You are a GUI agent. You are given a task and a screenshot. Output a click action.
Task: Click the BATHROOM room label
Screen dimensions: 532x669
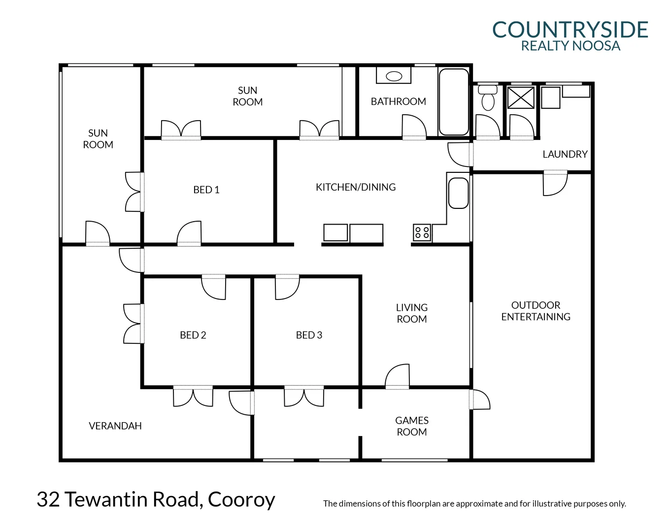tap(398, 101)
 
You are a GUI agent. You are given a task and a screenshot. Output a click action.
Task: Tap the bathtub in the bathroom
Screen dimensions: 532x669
tap(453, 102)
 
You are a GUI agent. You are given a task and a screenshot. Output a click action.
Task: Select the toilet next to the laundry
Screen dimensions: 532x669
tap(488, 98)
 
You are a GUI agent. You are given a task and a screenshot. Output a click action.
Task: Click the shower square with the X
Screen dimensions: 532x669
tap(521, 97)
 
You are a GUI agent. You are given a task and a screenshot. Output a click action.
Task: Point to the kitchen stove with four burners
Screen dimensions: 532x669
tap(422, 233)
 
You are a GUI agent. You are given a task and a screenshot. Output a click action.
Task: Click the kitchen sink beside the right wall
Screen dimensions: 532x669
tap(458, 193)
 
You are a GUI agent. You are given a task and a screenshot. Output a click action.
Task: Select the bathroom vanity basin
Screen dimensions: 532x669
tap(394, 76)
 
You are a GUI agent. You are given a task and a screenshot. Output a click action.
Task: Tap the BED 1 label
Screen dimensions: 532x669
tap(206, 190)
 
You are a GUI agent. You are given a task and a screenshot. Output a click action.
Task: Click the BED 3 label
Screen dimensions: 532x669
tap(309, 335)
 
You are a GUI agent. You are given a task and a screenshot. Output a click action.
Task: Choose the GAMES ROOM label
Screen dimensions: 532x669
tap(411, 426)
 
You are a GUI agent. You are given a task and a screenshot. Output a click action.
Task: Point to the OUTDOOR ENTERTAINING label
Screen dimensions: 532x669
tap(535, 311)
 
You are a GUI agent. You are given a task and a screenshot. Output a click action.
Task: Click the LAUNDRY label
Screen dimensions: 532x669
tap(565, 154)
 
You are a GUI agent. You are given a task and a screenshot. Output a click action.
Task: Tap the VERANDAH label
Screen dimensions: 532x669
tap(115, 426)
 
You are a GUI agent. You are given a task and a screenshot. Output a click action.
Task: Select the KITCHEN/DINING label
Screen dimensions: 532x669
tap(355, 187)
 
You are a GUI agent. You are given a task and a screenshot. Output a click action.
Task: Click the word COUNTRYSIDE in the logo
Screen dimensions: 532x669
tap(570, 30)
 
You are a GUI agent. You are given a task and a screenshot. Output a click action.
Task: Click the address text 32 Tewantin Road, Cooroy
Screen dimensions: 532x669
tap(156, 499)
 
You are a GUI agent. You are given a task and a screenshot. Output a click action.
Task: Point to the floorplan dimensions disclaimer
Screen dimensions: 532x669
tap(474, 503)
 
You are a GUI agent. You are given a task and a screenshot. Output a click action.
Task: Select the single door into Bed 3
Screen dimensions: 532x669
tap(287, 287)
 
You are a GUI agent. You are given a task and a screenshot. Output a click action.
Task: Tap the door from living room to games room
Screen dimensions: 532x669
tap(398, 377)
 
